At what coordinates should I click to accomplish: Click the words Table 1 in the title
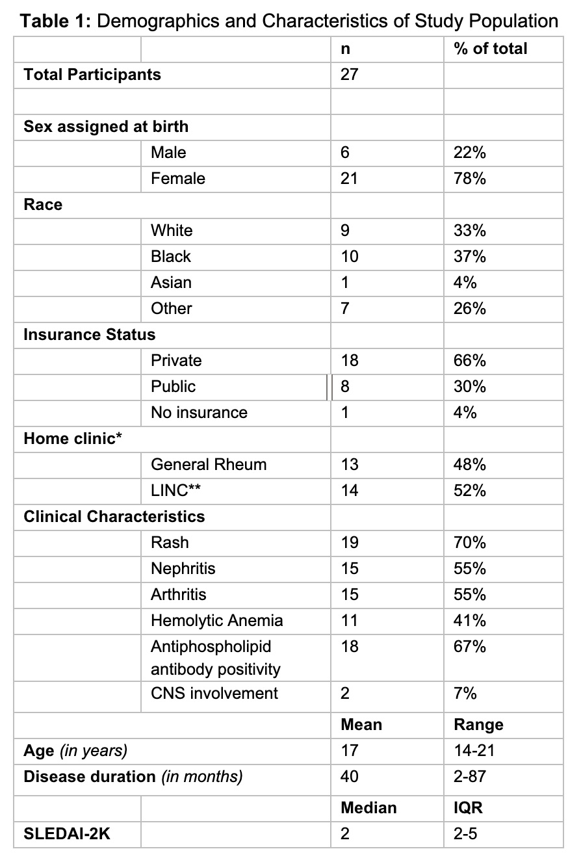pos(55,21)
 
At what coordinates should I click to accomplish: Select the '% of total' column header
pos(491,49)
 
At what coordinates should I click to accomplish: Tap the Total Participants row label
pos(92,75)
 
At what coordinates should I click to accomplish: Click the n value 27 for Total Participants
pos(349,75)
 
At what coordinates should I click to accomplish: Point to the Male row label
pos(168,153)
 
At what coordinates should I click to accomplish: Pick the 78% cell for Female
pos(470,179)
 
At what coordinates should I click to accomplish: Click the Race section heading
pos(43,205)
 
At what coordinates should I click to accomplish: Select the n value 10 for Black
pos(349,257)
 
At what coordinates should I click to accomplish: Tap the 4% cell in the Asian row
pos(465,283)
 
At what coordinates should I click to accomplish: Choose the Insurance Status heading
pos(90,335)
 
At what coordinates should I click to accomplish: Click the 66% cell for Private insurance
pos(470,361)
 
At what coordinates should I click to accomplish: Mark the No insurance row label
pos(199,413)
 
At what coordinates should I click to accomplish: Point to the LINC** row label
pos(175,491)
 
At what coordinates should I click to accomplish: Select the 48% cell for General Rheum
pos(470,465)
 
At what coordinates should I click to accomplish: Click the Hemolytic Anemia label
pos(216,621)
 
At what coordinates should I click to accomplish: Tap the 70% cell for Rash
pos(470,543)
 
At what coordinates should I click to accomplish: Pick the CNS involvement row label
pos(214,694)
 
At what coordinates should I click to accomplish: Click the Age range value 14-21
pos(474,751)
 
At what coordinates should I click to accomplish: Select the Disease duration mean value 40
pos(349,777)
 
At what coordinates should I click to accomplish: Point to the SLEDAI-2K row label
pos(67,834)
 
